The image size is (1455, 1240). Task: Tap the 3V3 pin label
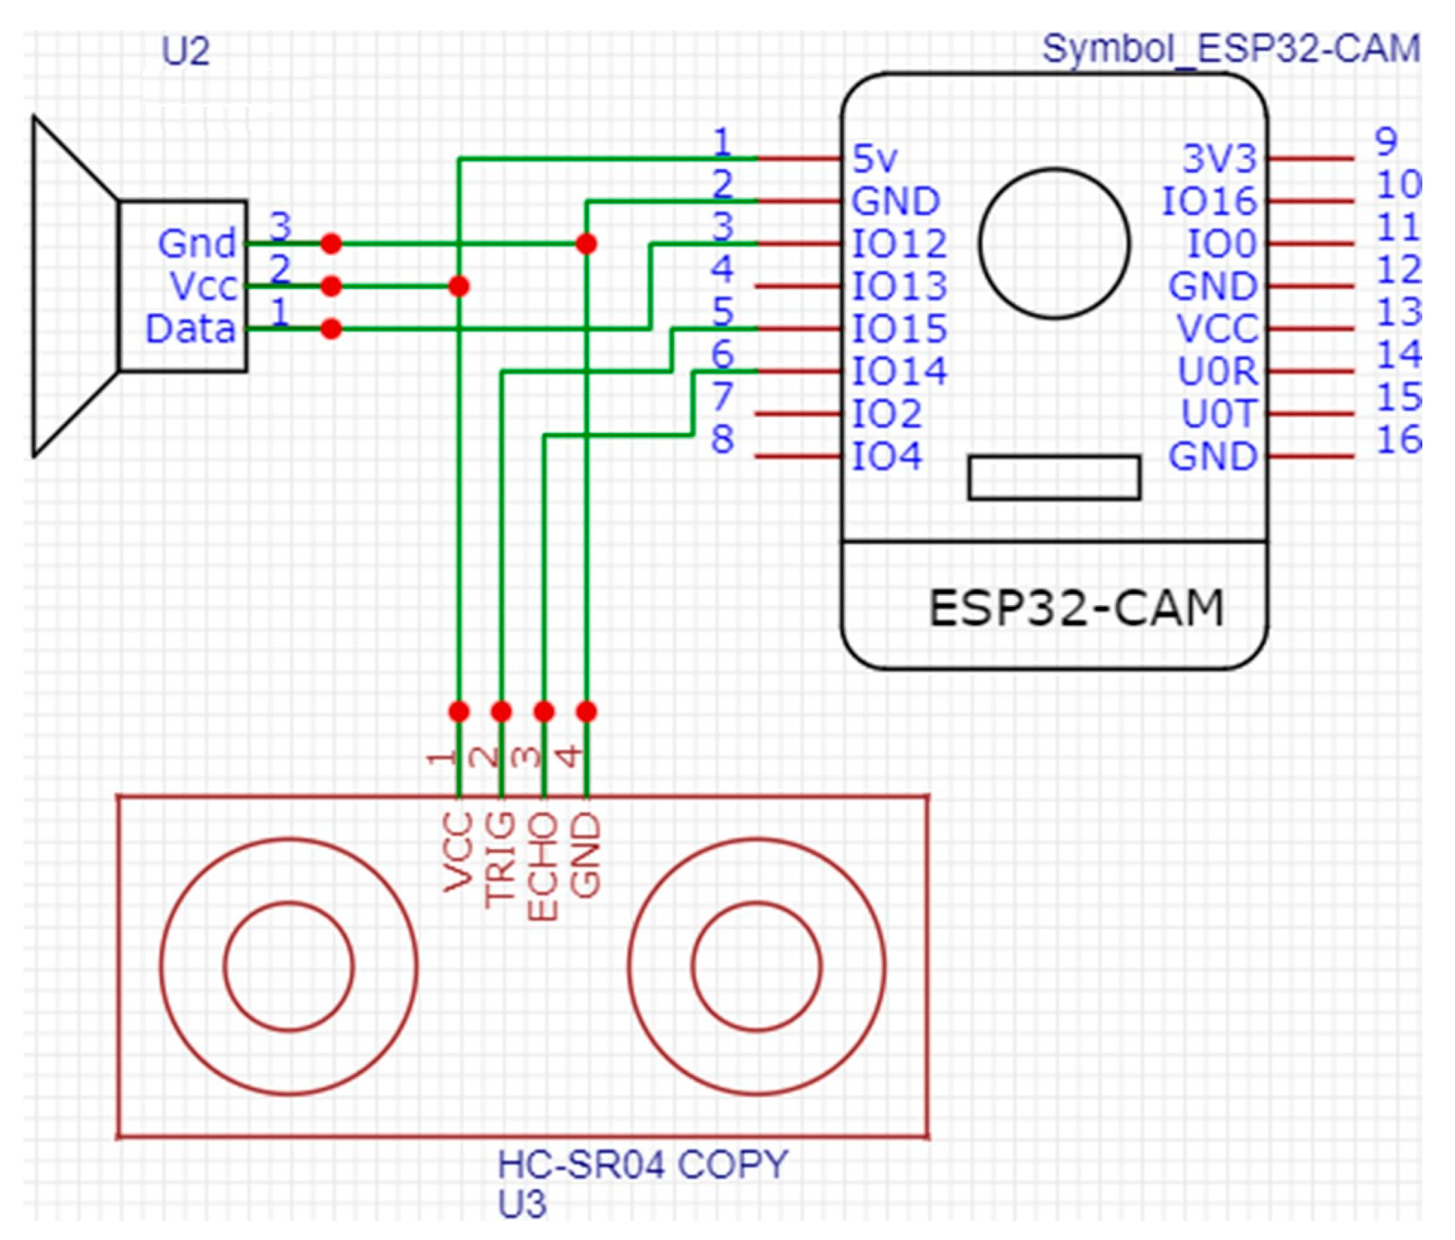(x=1219, y=158)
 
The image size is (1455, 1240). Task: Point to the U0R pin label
(x=1217, y=371)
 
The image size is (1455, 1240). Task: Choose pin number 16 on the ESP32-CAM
(x=1398, y=440)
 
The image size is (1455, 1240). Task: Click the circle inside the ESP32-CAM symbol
(x=1054, y=243)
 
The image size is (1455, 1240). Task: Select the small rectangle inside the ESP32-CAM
(x=1054, y=477)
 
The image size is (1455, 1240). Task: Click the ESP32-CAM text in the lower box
(x=1076, y=609)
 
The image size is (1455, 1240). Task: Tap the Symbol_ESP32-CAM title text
(x=1230, y=50)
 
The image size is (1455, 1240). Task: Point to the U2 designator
(x=185, y=52)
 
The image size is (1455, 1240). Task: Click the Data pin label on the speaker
(x=190, y=329)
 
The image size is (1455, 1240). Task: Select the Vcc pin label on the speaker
(x=203, y=286)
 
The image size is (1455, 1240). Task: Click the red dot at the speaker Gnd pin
(x=331, y=244)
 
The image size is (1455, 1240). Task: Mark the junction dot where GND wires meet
(x=586, y=244)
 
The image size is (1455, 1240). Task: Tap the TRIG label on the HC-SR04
(x=500, y=860)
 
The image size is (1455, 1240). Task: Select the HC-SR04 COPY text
(x=642, y=1165)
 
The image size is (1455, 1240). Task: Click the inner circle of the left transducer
(x=288, y=966)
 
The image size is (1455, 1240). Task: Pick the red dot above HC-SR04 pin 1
(x=459, y=712)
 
